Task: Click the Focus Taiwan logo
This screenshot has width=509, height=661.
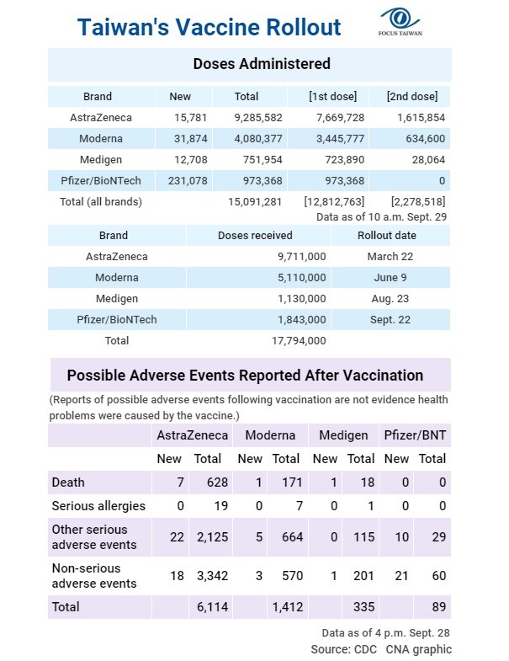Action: click(400, 22)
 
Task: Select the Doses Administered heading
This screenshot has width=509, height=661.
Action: click(262, 64)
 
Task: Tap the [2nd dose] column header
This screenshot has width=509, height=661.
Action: click(412, 97)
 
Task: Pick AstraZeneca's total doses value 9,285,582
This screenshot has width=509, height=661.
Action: click(258, 118)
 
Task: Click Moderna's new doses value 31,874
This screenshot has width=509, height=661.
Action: click(190, 139)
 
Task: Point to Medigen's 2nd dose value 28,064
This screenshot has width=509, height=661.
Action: click(428, 160)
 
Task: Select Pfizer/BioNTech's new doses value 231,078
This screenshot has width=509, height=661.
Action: click(188, 181)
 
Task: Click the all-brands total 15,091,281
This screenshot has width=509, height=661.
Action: click(255, 202)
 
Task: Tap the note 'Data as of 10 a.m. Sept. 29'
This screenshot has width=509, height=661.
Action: click(381, 217)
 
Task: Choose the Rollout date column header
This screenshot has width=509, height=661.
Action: click(387, 235)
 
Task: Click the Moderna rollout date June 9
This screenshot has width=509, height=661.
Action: click(390, 278)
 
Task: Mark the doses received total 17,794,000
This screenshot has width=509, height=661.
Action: click(299, 341)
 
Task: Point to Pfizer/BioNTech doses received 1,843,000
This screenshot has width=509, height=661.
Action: click(302, 319)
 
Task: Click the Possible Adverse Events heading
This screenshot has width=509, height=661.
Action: click(245, 376)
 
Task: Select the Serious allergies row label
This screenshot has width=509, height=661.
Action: click(98, 506)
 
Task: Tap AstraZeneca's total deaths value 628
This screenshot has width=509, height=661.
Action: click(217, 482)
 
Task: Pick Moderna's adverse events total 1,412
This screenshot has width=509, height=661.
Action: click(288, 607)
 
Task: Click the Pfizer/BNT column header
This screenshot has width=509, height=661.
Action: click(415, 435)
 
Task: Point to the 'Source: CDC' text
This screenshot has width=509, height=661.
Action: click(344, 649)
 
